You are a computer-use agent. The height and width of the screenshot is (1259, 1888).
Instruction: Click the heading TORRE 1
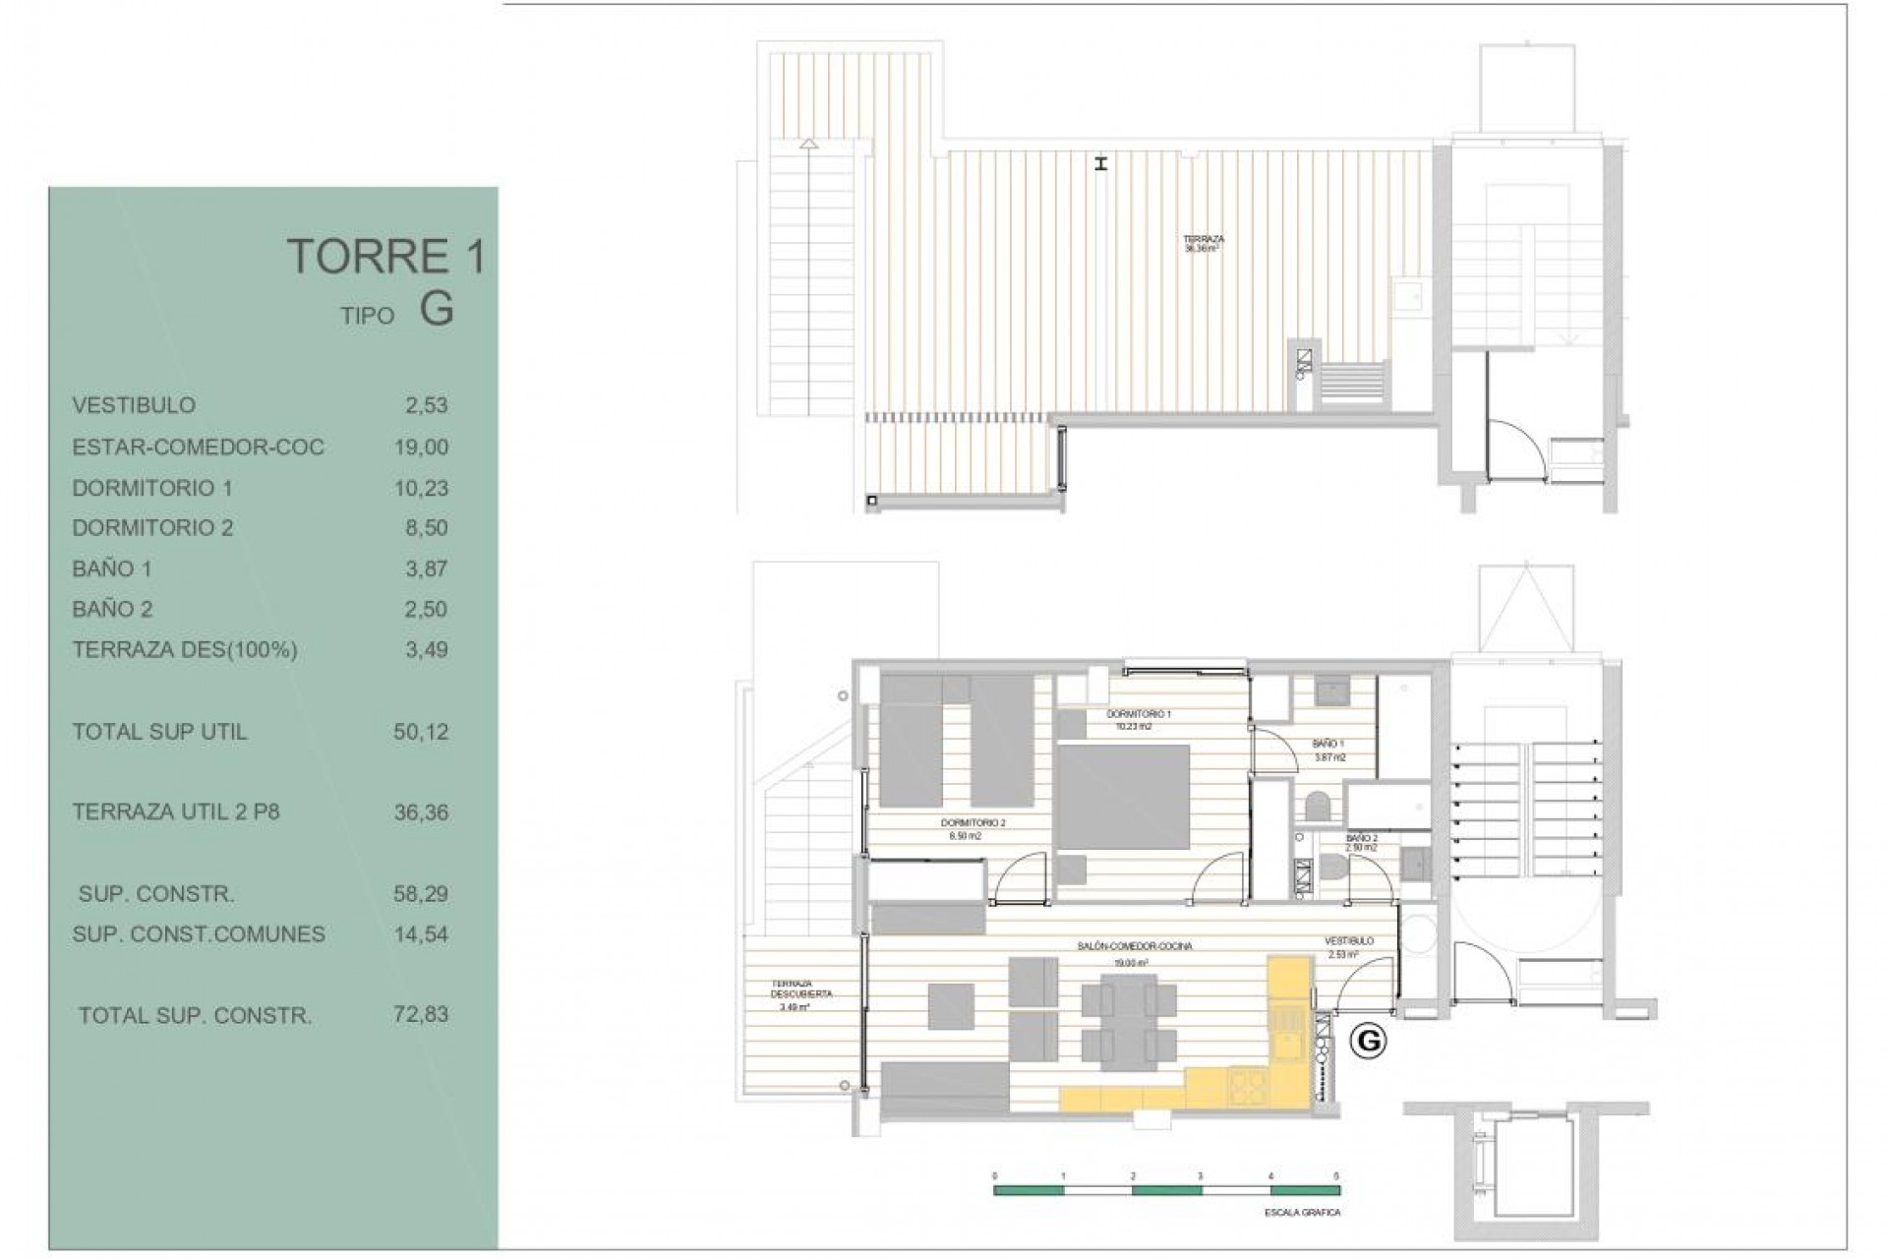click(385, 257)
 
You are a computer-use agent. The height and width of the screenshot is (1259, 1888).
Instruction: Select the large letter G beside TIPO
click(437, 310)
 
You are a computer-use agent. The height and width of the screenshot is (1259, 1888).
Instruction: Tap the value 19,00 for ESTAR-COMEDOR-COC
click(421, 448)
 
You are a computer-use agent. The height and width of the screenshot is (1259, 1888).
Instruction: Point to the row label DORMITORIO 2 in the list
click(152, 528)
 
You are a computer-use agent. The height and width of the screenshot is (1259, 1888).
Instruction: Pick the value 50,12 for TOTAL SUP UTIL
click(421, 732)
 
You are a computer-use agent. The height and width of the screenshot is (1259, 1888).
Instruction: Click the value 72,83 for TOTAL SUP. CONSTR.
click(421, 1015)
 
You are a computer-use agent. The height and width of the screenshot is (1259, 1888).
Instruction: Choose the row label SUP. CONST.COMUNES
click(199, 934)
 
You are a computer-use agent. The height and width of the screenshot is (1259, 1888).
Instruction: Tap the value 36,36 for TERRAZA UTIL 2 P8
click(421, 812)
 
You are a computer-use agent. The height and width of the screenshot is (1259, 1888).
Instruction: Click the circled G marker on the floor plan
click(1368, 1041)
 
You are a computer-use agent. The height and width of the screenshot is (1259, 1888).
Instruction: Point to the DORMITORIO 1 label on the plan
click(1139, 714)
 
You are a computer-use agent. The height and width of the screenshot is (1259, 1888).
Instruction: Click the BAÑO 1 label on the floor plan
click(1328, 745)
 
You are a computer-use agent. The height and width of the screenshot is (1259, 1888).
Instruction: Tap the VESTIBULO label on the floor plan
click(1348, 941)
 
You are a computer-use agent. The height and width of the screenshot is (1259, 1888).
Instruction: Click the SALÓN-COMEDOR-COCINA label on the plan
click(1134, 946)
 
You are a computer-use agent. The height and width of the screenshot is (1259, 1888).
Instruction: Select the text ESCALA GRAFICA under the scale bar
click(1302, 1213)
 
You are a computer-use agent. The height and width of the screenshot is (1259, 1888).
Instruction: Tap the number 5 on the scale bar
click(1335, 1176)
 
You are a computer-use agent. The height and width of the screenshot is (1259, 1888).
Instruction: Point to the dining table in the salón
click(1129, 1022)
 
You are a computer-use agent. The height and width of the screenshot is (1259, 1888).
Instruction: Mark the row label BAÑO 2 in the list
click(112, 609)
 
